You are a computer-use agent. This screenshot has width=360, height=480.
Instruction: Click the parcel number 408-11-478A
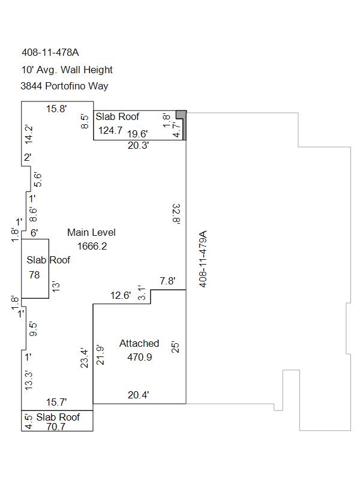50,52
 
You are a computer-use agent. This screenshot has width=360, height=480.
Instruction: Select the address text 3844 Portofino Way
64,86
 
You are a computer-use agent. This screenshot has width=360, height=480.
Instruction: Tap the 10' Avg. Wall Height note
67,70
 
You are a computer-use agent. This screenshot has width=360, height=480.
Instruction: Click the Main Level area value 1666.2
92,246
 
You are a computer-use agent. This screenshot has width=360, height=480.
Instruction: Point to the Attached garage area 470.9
140,357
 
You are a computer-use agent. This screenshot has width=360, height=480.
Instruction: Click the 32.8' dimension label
176,214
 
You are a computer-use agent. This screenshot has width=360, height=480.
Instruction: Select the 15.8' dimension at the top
56,109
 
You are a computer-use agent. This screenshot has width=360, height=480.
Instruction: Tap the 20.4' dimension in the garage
139,395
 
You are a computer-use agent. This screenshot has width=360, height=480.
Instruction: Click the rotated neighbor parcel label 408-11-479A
203,259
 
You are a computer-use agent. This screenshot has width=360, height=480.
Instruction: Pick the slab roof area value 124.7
110,130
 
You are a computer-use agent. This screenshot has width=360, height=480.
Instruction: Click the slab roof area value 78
34,275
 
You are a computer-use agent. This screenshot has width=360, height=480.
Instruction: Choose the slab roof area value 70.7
56,427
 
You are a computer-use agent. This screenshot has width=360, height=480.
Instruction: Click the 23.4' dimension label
84,358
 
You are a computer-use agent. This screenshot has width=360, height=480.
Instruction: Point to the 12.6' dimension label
121,295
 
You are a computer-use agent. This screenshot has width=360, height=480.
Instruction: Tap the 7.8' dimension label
167,281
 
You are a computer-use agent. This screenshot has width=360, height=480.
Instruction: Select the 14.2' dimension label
28,134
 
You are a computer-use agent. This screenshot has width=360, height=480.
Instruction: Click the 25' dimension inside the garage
175,347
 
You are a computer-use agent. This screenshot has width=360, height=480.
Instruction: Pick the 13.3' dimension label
28,380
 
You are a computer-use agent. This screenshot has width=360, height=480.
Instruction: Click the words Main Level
92,232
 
